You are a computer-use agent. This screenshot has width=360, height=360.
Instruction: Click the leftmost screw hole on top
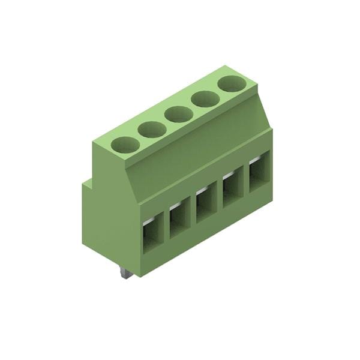click(x=125, y=144)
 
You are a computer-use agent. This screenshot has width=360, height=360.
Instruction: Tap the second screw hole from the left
click(x=152, y=129)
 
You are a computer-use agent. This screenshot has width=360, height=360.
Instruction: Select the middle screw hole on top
click(x=179, y=114)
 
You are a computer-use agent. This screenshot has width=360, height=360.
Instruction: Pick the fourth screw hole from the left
click(x=205, y=98)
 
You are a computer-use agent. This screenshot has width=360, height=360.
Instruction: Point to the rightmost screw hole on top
click(x=231, y=83)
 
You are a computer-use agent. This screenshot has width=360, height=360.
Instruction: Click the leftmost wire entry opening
click(x=152, y=233)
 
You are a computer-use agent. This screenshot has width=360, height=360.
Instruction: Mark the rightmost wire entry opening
click(x=259, y=174)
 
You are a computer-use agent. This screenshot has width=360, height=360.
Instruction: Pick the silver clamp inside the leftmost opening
click(x=148, y=221)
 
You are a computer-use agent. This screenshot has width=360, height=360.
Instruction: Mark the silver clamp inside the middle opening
click(x=202, y=191)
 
